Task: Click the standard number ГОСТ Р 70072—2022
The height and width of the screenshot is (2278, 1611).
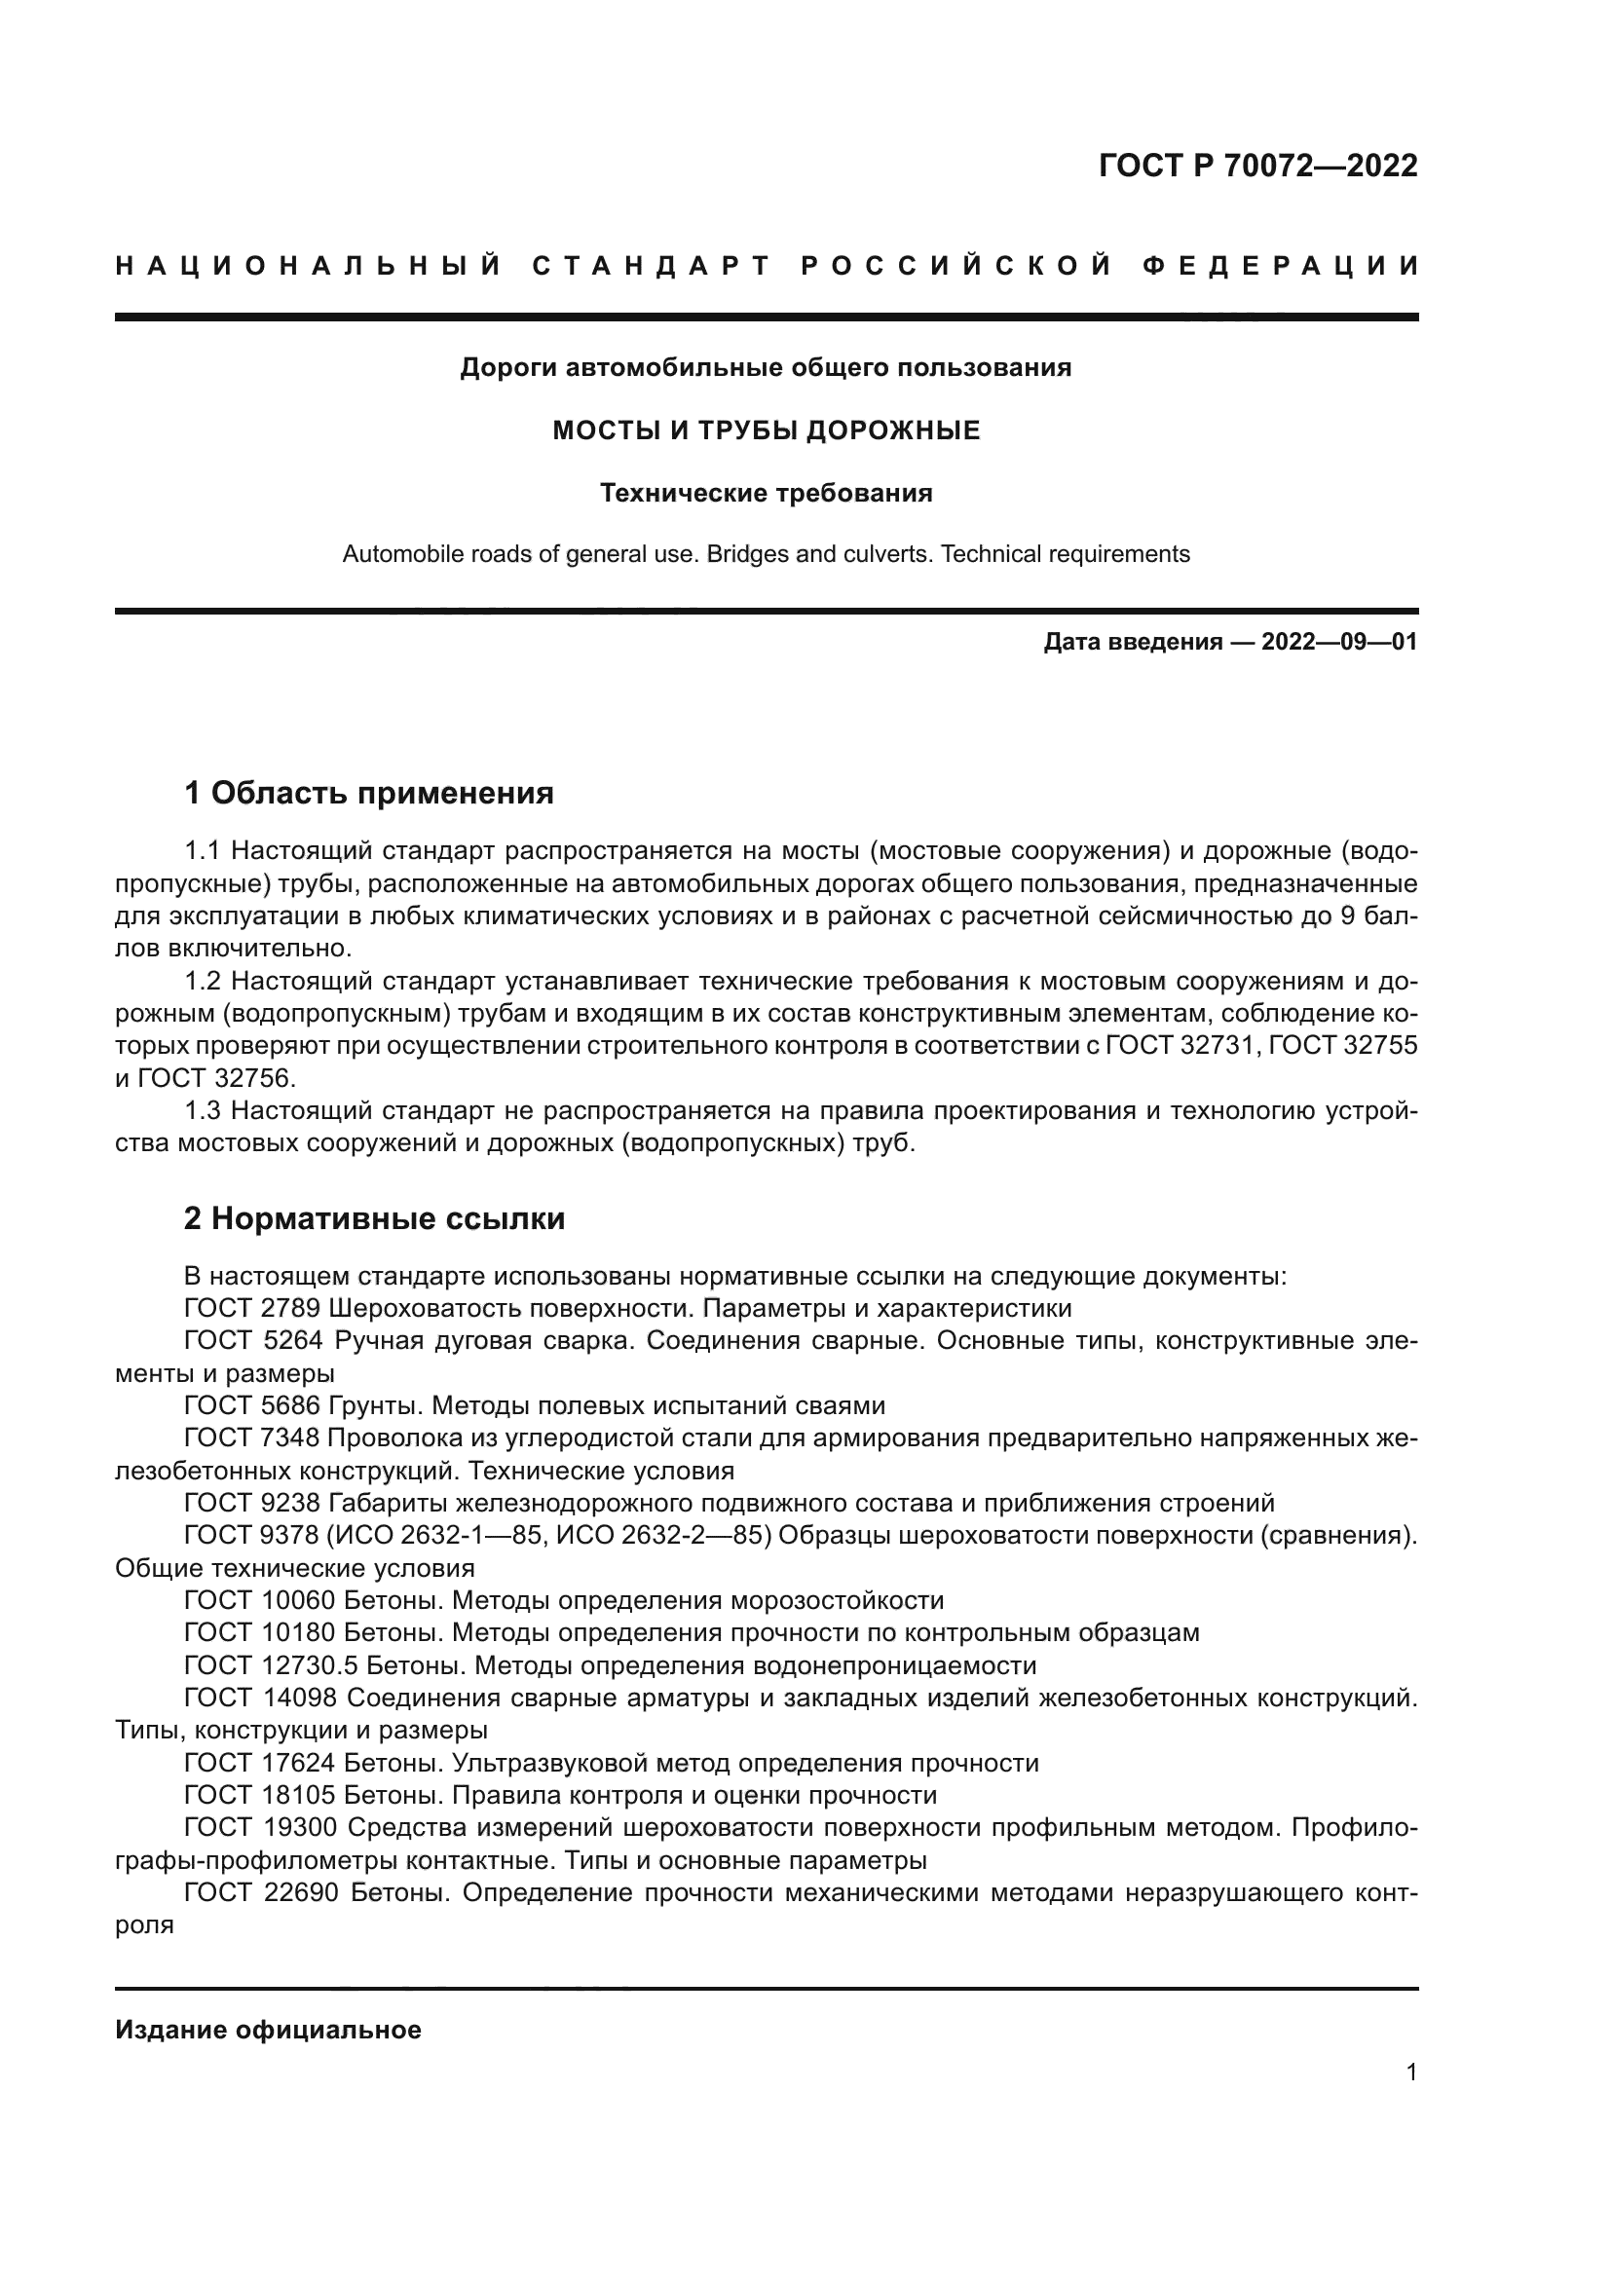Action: [1257, 166]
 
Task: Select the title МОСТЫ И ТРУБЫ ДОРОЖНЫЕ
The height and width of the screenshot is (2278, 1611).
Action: [766, 430]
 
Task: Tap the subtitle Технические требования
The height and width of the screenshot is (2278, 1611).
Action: [766, 493]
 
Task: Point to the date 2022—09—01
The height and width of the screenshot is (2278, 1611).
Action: [1339, 642]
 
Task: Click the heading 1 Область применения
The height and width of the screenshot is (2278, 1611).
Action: [368, 793]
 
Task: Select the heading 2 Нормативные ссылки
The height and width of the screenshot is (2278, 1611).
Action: [374, 1218]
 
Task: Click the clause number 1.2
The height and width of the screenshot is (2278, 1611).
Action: [204, 982]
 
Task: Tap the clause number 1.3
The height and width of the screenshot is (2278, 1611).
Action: [204, 1110]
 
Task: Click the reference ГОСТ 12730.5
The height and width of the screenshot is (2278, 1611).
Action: [270, 1664]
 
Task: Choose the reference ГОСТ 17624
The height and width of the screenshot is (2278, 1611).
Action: [260, 1762]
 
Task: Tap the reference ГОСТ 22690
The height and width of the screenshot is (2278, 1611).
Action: [260, 1892]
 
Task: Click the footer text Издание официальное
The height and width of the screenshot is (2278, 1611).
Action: [268, 2029]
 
